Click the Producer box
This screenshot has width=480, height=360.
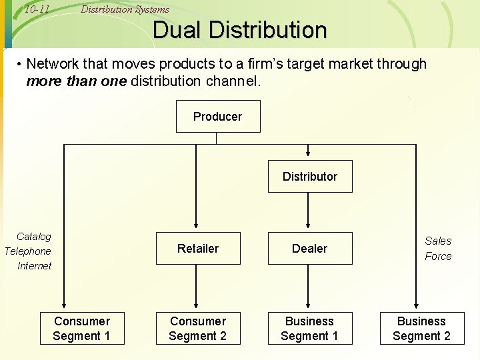point(217,117)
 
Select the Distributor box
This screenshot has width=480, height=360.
point(310,177)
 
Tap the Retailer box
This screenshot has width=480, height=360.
point(198,249)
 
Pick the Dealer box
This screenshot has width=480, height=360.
point(310,249)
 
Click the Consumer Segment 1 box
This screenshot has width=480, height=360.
point(82,329)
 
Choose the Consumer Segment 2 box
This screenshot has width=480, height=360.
point(198,329)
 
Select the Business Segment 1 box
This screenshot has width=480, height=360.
point(309,329)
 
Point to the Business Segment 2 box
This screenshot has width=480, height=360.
point(421,329)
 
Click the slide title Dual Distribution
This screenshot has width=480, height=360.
point(240,30)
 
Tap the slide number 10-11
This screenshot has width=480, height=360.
point(37,9)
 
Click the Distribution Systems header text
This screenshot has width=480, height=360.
point(125,9)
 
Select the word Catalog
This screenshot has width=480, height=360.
point(34,237)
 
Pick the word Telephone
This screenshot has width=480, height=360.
point(28,251)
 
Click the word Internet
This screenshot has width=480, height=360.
point(35,266)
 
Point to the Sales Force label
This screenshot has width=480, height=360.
point(438,249)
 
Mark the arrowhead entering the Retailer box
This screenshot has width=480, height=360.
point(196,228)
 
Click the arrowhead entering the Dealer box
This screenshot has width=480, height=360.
point(308,228)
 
